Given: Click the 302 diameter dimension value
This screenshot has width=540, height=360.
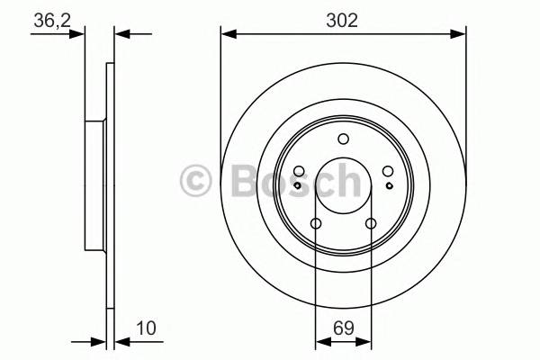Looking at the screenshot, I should click(343, 21).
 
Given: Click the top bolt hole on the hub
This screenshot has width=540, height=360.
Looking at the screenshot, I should click(343, 139).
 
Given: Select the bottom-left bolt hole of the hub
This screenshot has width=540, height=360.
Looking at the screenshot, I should click(315, 224).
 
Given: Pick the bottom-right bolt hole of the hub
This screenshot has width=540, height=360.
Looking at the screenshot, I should click(370, 224).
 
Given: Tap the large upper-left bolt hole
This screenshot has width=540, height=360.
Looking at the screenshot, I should click(299, 171).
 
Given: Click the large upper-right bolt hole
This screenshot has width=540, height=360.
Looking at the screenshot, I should click(387, 171).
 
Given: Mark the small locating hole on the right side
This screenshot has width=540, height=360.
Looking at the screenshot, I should click(388, 184).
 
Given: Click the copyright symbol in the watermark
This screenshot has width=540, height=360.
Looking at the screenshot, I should click(197, 180).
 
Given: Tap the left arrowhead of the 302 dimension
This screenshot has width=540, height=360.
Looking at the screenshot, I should click(228, 34).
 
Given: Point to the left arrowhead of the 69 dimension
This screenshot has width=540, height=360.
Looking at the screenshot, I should click(320, 342).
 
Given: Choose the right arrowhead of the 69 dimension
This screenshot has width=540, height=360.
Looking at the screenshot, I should click(364, 342).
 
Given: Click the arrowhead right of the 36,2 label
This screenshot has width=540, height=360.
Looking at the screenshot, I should click(121, 34).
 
